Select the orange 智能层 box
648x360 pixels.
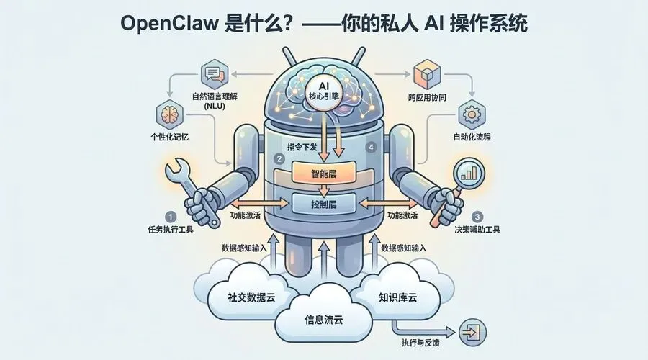coord(323,173)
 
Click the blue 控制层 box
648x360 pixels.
coord(323,204)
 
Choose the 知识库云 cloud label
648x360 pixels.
coord(403,296)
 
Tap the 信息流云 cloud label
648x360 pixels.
coord(323,321)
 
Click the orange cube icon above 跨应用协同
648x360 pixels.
coord(423,74)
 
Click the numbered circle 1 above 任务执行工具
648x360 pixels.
coord(170,216)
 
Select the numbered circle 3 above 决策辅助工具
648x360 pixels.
coord(477,216)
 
